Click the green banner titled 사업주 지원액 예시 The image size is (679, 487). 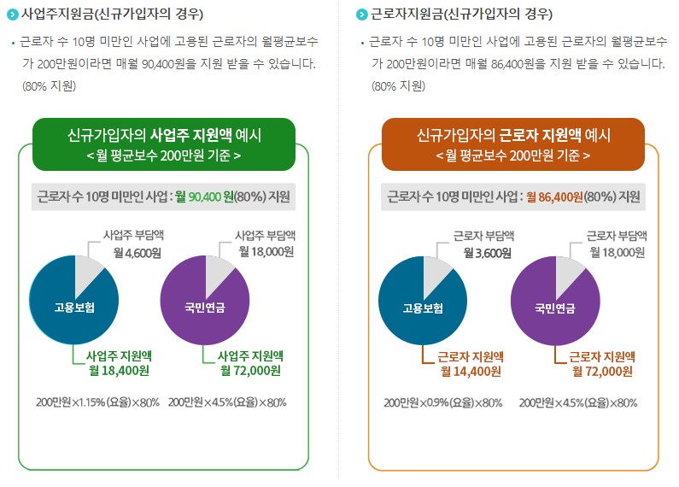tap(164, 144)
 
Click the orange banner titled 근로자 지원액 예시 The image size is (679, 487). tap(512, 144)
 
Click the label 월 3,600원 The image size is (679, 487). tap(487, 253)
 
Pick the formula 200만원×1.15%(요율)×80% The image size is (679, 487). tap(98, 402)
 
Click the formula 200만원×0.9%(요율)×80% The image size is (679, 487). tap(445, 402)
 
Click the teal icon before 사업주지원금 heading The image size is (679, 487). tap(12, 15)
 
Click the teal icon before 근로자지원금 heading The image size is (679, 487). tap(361, 15)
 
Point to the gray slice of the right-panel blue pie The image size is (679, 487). tap(438, 273)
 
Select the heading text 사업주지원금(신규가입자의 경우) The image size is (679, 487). tap(112, 15)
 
